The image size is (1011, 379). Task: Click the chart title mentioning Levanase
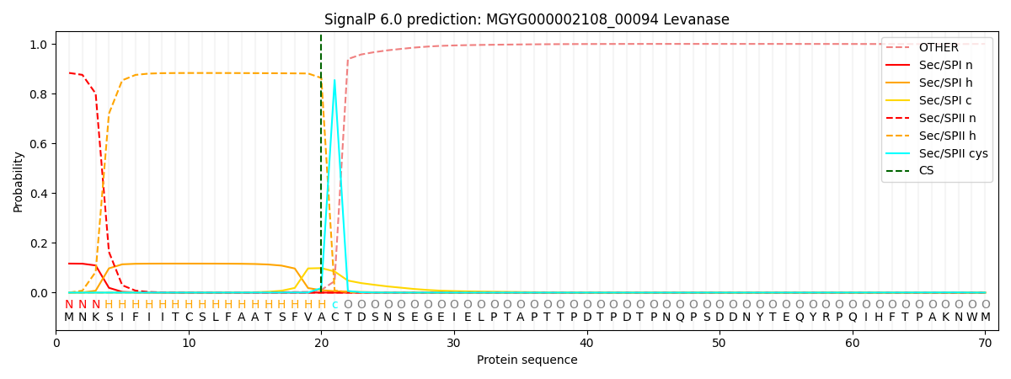pos(527,19)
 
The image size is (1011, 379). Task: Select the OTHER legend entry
pos(938,48)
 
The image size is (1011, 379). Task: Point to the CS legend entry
pos(926,171)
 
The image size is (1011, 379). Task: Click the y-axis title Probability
pos(19,181)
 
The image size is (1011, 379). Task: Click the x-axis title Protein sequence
pos(527,360)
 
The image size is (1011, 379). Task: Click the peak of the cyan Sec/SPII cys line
pos(334,80)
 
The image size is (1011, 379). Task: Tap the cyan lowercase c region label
pos(334,305)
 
